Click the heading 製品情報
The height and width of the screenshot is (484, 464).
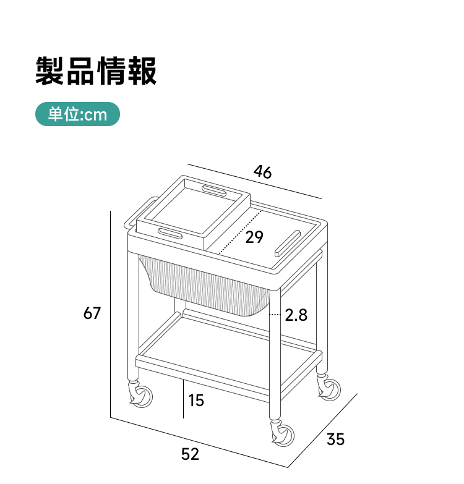(x=96, y=70)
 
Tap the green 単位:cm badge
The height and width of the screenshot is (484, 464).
(x=77, y=114)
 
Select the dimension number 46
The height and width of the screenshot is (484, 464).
(x=262, y=172)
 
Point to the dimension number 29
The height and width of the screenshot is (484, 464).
(x=254, y=237)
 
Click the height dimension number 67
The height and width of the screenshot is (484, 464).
(x=92, y=313)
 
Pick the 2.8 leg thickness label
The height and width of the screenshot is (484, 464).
(x=296, y=315)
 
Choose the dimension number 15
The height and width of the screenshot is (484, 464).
(x=196, y=401)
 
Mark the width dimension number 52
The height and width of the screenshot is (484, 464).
(x=190, y=454)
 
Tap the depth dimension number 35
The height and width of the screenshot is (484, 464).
(x=335, y=439)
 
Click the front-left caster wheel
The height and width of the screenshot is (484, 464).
(x=141, y=396)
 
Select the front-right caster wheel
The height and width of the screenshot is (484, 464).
(x=283, y=435)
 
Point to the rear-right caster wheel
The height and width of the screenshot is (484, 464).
(x=329, y=389)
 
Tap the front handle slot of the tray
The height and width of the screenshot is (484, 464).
(x=170, y=234)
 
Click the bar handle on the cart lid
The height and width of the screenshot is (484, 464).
(x=288, y=243)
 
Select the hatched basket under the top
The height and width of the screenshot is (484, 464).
(x=205, y=286)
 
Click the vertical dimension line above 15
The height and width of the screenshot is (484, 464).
(x=184, y=399)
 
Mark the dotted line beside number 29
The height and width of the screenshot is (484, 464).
(x=240, y=232)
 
